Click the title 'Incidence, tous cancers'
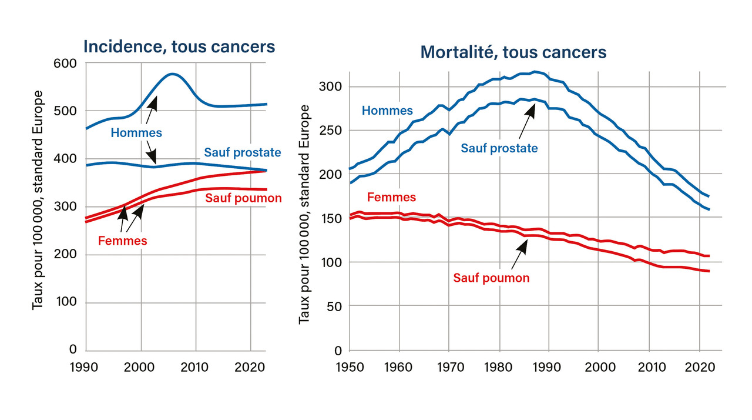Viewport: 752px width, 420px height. click(179, 46)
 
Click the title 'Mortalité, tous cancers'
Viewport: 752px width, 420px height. click(513, 52)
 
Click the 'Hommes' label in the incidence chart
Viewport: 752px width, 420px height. click(136, 133)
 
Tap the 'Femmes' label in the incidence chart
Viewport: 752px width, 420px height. click(122, 240)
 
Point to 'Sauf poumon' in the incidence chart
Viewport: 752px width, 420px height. click(243, 198)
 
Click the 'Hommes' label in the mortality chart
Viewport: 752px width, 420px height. click(387, 110)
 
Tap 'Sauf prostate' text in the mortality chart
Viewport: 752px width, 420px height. click(499, 148)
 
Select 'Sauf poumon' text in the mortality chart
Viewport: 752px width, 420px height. click(491, 278)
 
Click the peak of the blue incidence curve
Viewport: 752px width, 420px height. click(172, 74)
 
